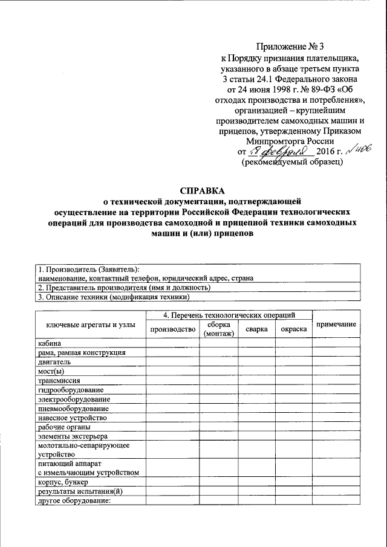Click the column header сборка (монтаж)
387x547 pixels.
coord(219,328)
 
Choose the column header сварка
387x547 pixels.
coord(256,328)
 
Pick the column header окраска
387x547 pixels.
coord(293,328)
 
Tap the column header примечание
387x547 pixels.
coord(336,325)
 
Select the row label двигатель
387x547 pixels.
coord(54,361)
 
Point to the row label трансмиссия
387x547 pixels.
coord(58,380)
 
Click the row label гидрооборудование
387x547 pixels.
coord(66,389)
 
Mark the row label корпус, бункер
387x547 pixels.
coord(62,482)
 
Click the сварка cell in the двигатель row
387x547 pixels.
coord(256,361)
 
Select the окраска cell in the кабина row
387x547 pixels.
coord(293,343)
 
